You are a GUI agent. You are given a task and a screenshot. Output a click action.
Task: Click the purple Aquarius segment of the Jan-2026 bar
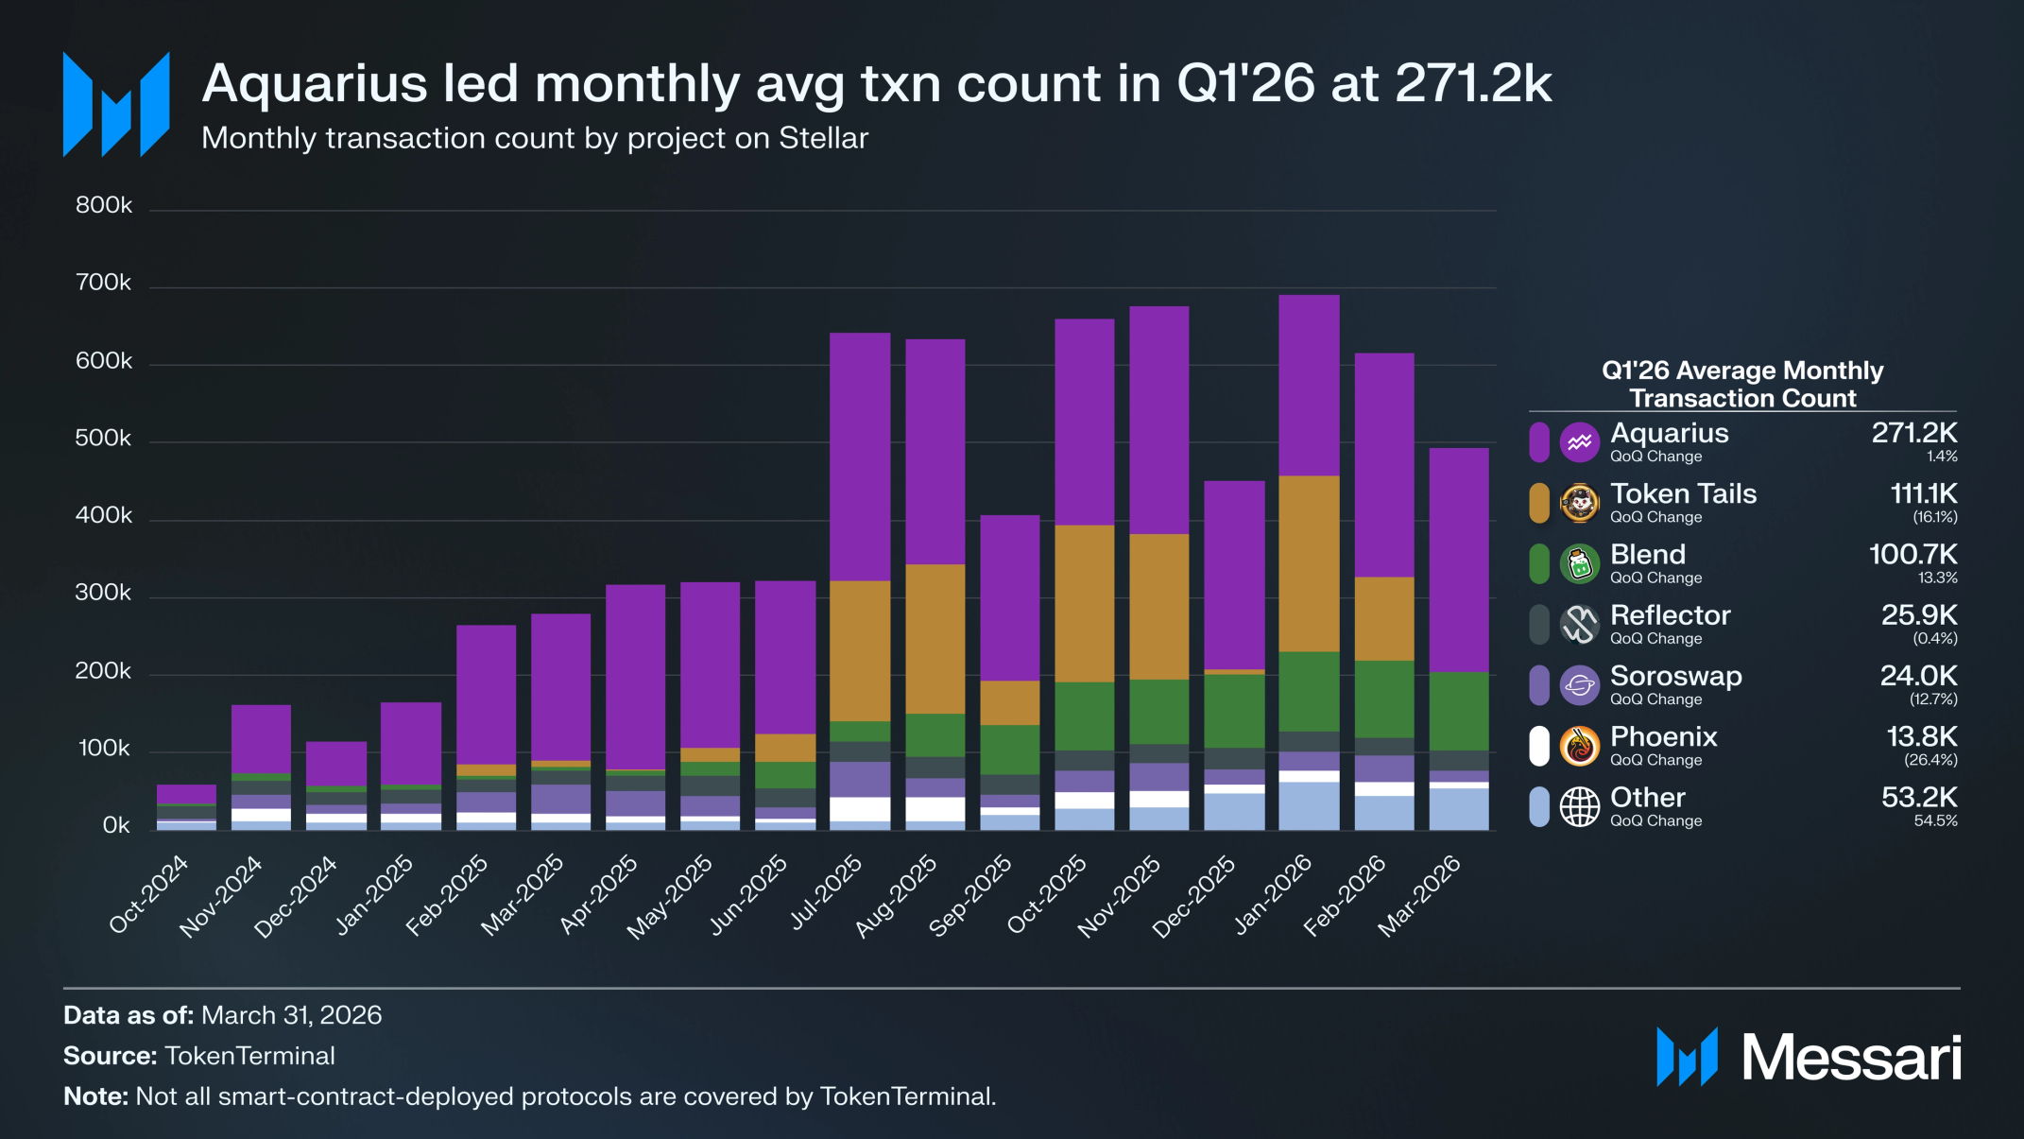click(x=1309, y=386)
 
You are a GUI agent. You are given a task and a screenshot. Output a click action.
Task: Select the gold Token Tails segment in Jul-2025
click(x=860, y=651)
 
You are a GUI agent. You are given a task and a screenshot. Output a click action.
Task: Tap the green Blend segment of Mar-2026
click(x=1459, y=712)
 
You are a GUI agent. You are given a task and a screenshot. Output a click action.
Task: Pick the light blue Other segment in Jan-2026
click(x=1309, y=806)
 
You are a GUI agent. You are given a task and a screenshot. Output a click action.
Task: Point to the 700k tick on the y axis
click(x=104, y=283)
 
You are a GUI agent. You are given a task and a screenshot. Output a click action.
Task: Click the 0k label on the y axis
click(x=116, y=825)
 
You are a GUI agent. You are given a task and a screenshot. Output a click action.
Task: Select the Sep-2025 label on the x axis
click(x=971, y=894)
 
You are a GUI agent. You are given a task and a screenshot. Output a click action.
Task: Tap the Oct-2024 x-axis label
click(x=149, y=894)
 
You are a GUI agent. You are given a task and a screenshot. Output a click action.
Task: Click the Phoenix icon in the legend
click(x=1579, y=746)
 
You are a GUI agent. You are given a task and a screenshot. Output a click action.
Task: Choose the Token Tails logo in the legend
click(x=1579, y=503)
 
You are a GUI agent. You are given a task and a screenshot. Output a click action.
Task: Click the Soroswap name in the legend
click(x=1675, y=676)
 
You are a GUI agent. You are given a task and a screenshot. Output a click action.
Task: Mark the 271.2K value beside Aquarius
click(x=1914, y=433)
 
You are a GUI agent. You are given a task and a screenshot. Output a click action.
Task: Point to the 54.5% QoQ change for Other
click(x=1935, y=821)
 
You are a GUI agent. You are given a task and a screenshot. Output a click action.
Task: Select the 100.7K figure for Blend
click(x=1913, y=554)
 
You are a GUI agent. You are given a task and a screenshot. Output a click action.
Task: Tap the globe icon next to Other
click(x=1579, y=806)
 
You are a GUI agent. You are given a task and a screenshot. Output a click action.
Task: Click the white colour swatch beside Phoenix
click(x=1539, y=746)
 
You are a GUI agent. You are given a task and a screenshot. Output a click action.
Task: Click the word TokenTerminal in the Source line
click(x=250, y=1056)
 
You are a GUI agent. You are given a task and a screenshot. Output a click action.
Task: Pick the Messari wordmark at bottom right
click(x=1851, y=1057)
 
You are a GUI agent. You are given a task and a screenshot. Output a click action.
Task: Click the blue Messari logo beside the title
click(x=116, y=104)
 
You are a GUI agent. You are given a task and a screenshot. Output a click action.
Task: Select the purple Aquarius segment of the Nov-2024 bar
click(x=262, y=739)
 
